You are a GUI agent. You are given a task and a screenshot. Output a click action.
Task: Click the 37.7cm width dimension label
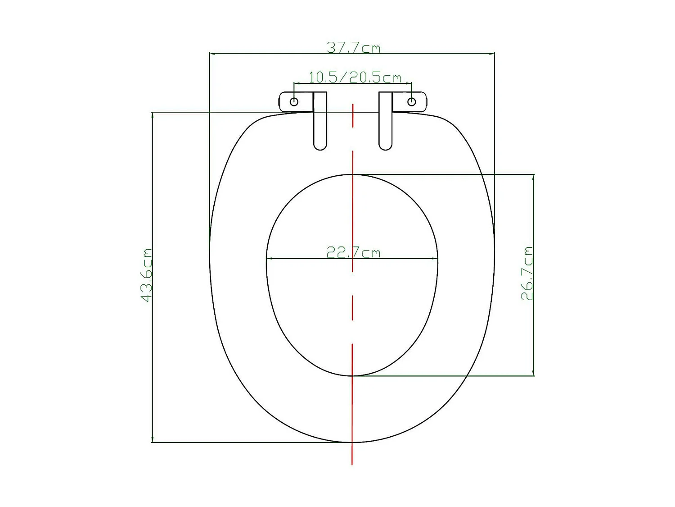tap(353, 47)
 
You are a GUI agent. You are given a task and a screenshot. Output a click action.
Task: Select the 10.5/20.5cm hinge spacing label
tap(355, 78)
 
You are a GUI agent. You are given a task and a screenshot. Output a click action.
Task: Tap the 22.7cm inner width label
tap(353, 252)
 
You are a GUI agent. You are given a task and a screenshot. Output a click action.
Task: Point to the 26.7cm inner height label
tap(527, 273)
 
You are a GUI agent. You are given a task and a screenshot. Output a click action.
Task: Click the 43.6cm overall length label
tap(147, 275)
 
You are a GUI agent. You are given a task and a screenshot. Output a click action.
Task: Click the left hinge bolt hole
tap(294, 101)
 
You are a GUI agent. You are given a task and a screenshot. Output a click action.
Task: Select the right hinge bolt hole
tap(411, 101)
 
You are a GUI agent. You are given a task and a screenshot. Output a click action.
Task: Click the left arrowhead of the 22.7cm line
tap(269, 259)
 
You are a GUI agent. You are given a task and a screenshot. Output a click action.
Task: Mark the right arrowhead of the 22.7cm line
tap(435, 259)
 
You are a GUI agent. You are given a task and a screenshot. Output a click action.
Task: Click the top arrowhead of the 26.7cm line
tap(533, 177)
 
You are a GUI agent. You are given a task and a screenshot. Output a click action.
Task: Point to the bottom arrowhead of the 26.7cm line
tap(533, 373)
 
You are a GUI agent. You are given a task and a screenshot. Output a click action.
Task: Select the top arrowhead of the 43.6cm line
tap(153, 114)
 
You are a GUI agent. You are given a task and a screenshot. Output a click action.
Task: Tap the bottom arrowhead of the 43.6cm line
tap(153, 439)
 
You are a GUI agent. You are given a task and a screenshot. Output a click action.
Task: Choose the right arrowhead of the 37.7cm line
tap(492, 54)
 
